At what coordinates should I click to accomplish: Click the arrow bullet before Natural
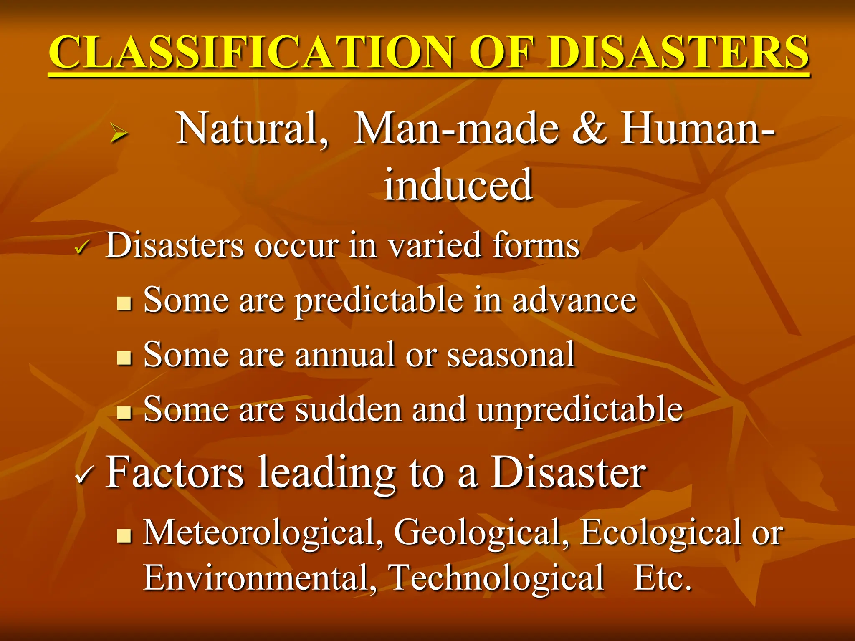pos(119,134)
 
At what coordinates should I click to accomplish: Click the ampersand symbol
pos(589,129)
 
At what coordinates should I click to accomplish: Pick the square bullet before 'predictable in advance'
pos(124,303)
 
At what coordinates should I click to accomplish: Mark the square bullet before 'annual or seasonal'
pos(124,358)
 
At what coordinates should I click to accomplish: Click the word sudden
pos(349,410)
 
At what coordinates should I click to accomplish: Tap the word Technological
pos(497,578)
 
